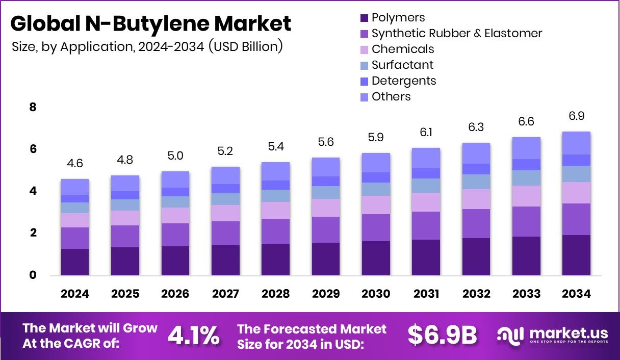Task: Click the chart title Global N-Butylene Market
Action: [151, 24]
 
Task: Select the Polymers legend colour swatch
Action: [364, 18]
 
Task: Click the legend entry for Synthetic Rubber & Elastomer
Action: [456, 34]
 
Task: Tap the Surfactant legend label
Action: [402, 65]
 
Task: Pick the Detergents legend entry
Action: [403, 81]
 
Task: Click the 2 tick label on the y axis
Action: [33, 234]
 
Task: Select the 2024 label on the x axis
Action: [75, 294]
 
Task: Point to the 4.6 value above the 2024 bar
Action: [75, 164]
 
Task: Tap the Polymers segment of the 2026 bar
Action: [175, 261]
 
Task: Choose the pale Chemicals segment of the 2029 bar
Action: [325, 208]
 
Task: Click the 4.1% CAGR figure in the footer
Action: [194, 336]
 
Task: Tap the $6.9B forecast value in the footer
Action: [442, 336]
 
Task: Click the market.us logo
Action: [553, 336]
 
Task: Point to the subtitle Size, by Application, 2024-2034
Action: [147, 46]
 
